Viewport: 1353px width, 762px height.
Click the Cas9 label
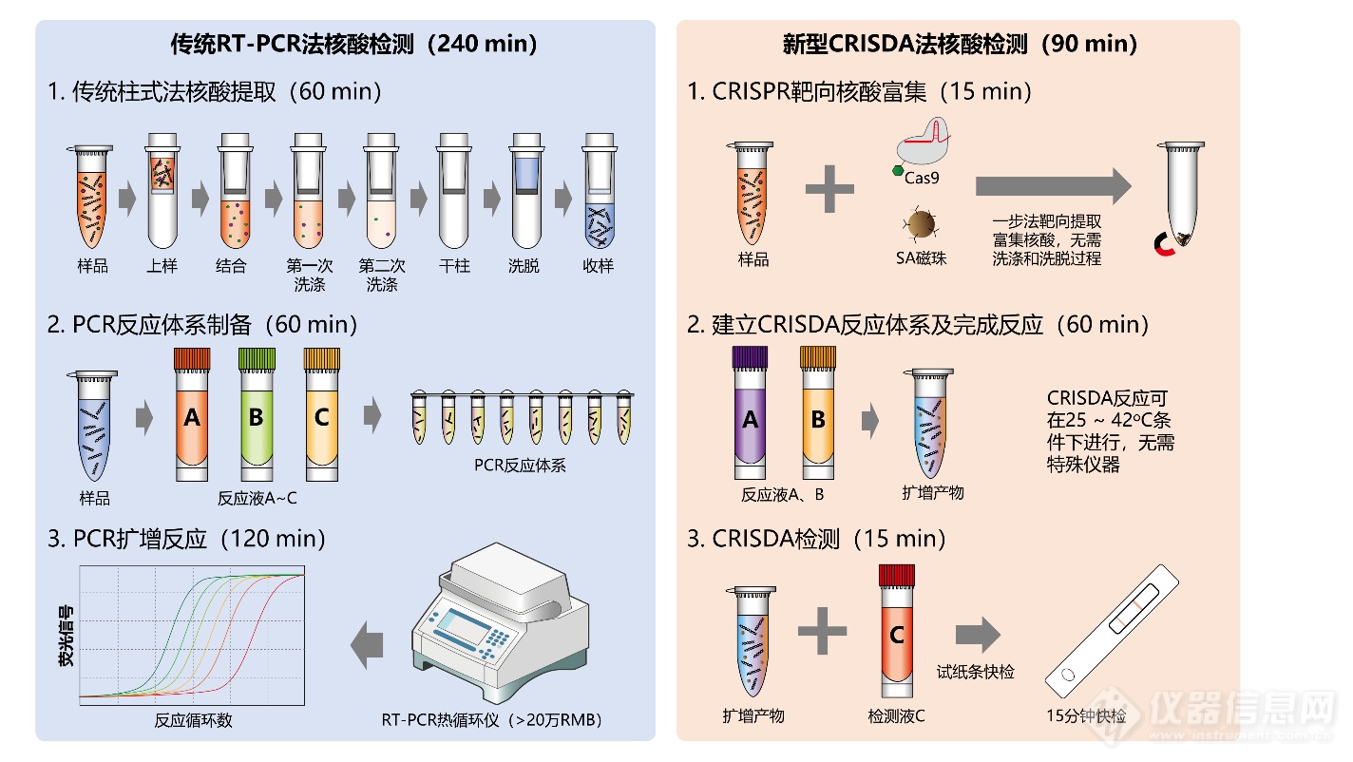922,178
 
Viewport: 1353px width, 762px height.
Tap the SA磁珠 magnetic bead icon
920,224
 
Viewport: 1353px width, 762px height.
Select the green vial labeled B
257,414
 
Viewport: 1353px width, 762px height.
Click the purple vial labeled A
750,412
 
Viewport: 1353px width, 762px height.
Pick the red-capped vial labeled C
896,631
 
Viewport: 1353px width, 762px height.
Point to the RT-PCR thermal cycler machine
500,622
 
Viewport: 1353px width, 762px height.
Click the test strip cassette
1112,631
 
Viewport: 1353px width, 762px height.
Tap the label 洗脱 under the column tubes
524,266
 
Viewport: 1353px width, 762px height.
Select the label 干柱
454,266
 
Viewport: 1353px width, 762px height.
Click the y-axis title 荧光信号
66,636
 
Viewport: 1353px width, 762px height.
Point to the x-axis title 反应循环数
193,720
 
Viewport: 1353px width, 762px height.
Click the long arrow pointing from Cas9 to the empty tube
1054,186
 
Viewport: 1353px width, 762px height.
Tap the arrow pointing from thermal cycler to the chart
368,645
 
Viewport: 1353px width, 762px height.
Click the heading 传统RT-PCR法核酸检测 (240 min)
354,44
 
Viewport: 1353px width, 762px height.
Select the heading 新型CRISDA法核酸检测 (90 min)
960,44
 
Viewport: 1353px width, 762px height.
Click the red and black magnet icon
1164,244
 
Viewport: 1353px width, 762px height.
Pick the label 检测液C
896,716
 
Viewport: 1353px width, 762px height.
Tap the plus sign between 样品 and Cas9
829,189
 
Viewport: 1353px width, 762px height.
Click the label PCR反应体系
520,465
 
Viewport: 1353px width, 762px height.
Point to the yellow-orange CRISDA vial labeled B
818,412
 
